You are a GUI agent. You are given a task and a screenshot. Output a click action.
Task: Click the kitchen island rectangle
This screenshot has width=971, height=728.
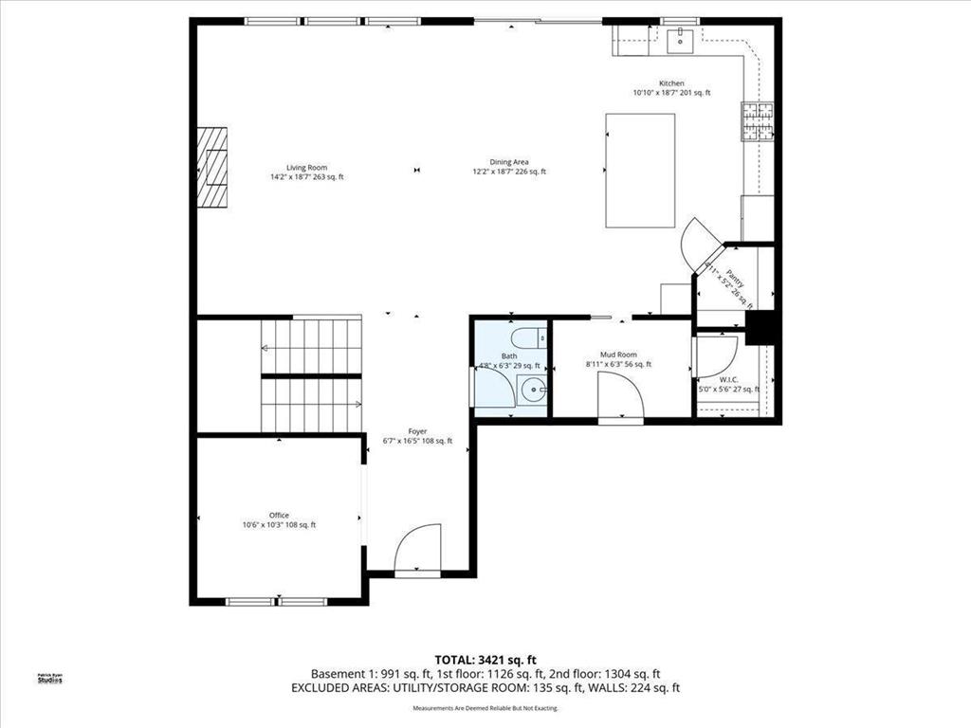(x=641, y=171)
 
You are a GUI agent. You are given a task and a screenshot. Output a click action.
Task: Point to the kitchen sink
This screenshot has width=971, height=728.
(x=680, y=40)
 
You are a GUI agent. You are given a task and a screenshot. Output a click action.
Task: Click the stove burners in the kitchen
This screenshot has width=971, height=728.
(x=758, y=120)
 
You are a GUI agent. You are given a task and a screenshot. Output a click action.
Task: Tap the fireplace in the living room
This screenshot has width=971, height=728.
(x=213, y=167)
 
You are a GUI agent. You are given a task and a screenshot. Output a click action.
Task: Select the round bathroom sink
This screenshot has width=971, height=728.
(x=534, y=389)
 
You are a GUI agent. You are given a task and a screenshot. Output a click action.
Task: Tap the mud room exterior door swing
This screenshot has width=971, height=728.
(x=621, y=396)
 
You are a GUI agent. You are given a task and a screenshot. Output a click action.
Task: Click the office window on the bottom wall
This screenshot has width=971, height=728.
(x=277, y=600)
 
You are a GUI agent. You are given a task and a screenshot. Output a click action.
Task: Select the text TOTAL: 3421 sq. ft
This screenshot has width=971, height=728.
(x=485, y=659)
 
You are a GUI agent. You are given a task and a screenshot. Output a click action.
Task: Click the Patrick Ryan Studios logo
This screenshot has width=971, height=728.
(x=49, y=678)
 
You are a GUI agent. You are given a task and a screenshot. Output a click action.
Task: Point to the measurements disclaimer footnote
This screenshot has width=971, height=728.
(x=485, y=708)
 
